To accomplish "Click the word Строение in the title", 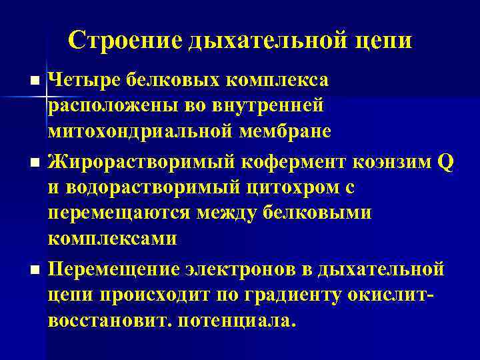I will point(125,39).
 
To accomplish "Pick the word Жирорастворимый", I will point(145,162).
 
